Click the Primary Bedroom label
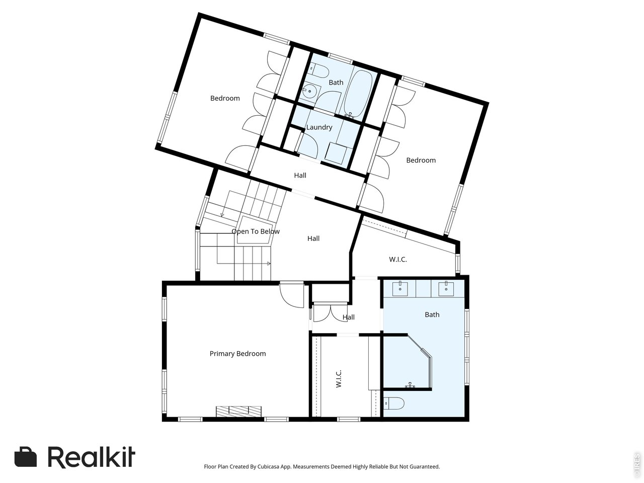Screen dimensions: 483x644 (x=237, y=354)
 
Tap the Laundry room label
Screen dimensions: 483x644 (x=319, y=127)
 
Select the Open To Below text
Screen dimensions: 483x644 (x=256, y=231)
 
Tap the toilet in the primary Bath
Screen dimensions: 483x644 (x=394, y=403)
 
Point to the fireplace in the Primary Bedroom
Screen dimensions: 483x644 (x=239, y=411)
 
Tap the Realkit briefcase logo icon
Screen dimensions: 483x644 (x=26, y=457)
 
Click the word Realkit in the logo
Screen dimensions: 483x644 (x=92, y=457)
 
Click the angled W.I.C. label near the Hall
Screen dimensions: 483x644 (x=397, y=260)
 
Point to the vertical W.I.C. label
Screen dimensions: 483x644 (x=339, y=379)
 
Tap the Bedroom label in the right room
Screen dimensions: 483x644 (x=421, y=160)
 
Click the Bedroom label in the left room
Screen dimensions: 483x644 (x=225, y=98)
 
